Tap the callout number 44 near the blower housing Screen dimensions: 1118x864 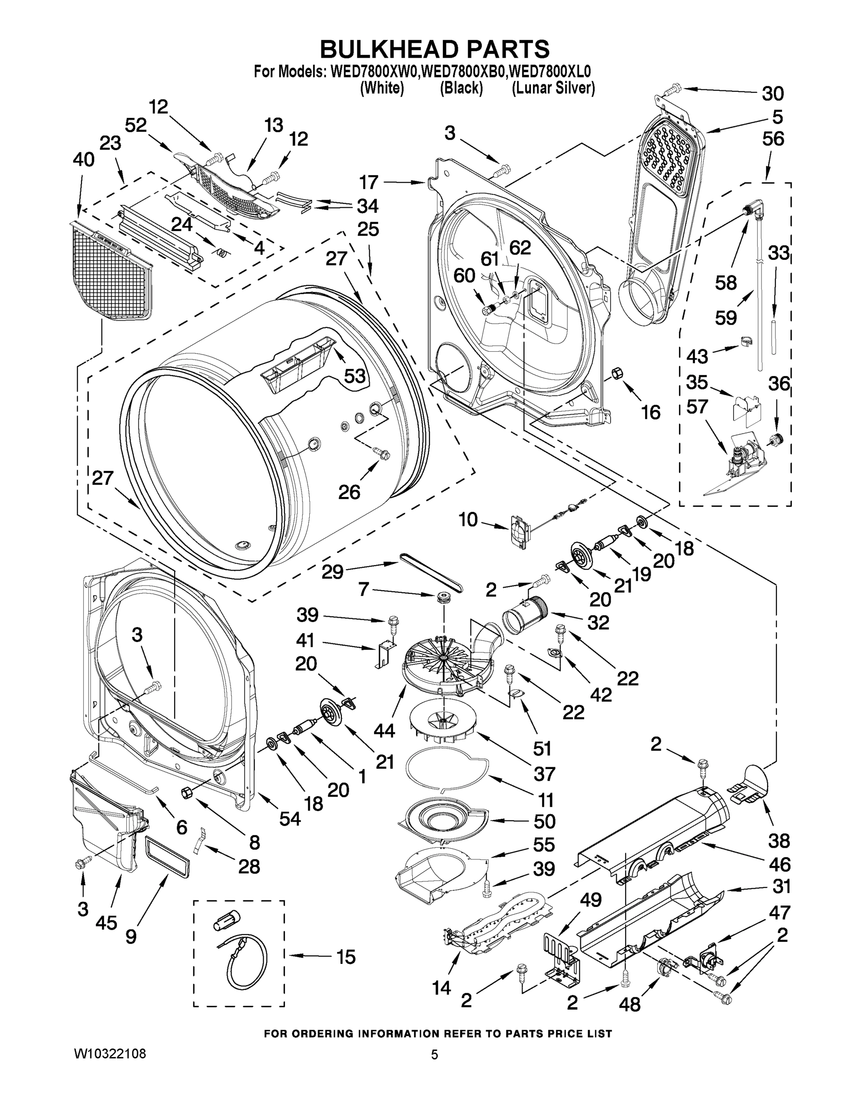click(x=384, y=730)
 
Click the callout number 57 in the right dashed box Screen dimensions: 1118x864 click(x=697, y=407)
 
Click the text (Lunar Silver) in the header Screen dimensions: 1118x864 click(x=554, y=88)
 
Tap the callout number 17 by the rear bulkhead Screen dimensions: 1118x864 click(x=368, y=182)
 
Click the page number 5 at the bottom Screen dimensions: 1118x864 click(x=434, y=1055)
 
